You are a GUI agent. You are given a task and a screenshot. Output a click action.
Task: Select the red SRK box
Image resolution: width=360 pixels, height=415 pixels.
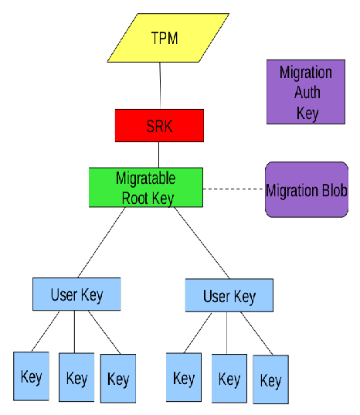pyautogui.click(x=159, y=125)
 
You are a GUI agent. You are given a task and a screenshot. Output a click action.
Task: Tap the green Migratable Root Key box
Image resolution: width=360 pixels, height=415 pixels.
pyautogui.click(x=146, y=188)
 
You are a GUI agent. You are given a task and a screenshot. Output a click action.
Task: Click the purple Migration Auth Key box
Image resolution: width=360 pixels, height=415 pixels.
pyautogui.click(x=306, y=92)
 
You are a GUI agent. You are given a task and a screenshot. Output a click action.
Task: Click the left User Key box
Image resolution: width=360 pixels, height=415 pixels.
pyautogui.click(x=76, y=294)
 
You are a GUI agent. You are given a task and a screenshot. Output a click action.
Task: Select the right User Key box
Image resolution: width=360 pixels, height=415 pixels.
pyautogui.click(x=229, y=296)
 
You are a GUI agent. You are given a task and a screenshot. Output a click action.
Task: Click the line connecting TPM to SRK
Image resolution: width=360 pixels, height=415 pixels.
pyautogui.click(x=160, y=86)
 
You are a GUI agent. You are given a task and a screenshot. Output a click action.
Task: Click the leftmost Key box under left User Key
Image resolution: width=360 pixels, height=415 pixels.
pyautogui.click(x=31, y=376)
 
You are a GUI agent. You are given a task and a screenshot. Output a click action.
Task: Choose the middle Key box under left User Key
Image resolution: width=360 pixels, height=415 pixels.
pyautogui.click(x=76, y=378)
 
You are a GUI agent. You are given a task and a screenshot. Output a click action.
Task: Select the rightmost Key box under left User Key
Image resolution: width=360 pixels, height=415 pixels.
pyautogui.click(x=118, y=379)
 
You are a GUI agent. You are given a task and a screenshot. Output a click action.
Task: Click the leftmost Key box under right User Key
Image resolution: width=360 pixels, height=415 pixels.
pyautogui.click(x=184, y=378)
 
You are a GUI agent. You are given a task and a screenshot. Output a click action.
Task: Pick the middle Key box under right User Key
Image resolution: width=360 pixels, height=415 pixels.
pyautogui.click(x=229, y=379)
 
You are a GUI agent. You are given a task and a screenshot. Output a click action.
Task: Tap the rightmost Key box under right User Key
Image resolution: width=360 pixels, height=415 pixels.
pyautogui.click(x=270, y=380)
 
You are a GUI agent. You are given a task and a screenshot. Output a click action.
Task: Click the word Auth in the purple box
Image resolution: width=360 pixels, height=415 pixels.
pyautogui.click(x=306, y=93)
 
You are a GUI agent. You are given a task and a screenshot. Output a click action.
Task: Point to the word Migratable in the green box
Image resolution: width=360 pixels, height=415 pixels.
pyautogui.click(x=145, y=179)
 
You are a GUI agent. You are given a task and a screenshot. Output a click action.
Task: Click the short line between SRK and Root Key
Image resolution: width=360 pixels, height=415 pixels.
pyautogui.click(x=159, y=155)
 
